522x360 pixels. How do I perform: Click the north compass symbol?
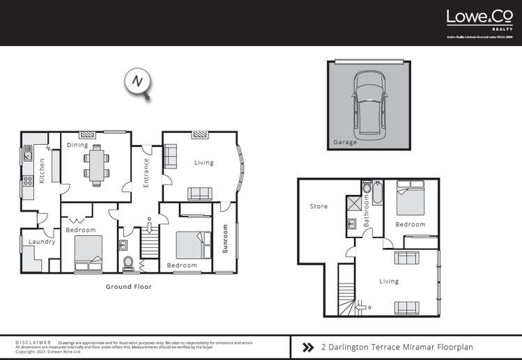click(138, 81)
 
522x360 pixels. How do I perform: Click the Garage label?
click(344, 142)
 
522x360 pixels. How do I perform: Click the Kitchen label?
click(42, 171)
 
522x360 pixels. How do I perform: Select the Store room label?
click(318, 206)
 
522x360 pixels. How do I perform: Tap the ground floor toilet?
click(128, 263)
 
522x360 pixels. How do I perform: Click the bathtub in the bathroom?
click(377, 193)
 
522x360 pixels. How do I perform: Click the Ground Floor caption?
click(128, 286)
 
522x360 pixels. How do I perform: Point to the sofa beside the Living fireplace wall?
click(171, 157)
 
